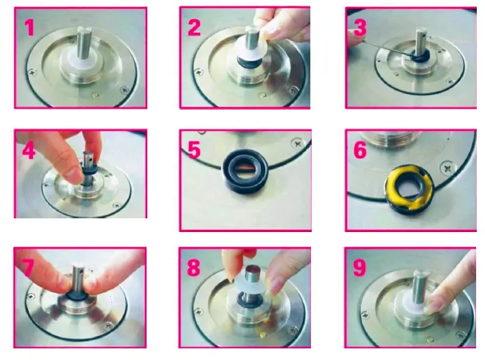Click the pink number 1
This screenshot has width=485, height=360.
click(29, 27)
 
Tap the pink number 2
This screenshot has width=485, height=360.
click(195, 27)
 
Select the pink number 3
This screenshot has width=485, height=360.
click(360, 27)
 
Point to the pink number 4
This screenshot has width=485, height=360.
click(29, 151)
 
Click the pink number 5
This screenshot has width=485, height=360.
click(195, 150)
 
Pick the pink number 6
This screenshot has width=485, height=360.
click(360, 150)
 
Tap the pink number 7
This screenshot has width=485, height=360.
click(27, 268)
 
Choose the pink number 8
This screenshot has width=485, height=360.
click(194, 268)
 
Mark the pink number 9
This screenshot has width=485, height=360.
click(360, 268)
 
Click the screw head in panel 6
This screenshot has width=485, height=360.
click(447, 168)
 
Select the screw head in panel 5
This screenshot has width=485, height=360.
click(297, 143)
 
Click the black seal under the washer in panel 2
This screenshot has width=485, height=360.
click(249, 62)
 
